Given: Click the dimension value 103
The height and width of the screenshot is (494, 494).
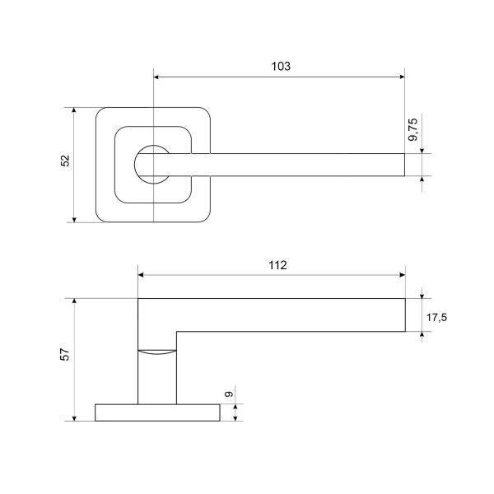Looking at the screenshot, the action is click(281, 66).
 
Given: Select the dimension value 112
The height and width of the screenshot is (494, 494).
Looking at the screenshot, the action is click(277, 265).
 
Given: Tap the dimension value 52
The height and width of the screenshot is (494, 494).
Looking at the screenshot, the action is click(65, 161).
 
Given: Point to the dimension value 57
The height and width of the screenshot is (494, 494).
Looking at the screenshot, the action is click(65, 354).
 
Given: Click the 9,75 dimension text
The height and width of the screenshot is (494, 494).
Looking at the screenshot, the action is click(412, 129).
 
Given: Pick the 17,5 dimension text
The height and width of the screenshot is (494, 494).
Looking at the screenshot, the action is click(436, 317).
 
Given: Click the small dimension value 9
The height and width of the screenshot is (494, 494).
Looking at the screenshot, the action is click(229, 394).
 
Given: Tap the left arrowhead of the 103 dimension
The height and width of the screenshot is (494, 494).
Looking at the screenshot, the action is click(156, 77).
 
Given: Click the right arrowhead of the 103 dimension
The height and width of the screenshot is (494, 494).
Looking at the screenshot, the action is click(402, 77).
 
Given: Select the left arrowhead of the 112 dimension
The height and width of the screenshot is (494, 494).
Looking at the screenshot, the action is click(141, 275).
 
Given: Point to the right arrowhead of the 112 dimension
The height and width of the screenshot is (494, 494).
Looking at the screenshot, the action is click(403, 275).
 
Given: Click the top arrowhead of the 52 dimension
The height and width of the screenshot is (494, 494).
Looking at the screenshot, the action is click(74, 110).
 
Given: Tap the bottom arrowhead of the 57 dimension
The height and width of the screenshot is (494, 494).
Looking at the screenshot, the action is click(74, 418).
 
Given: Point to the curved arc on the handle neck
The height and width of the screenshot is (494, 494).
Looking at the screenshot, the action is click(157, 353).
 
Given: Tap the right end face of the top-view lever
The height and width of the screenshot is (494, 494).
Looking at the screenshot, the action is click(404, 165).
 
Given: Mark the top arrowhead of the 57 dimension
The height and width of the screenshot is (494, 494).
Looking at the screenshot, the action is click(74, 301).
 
